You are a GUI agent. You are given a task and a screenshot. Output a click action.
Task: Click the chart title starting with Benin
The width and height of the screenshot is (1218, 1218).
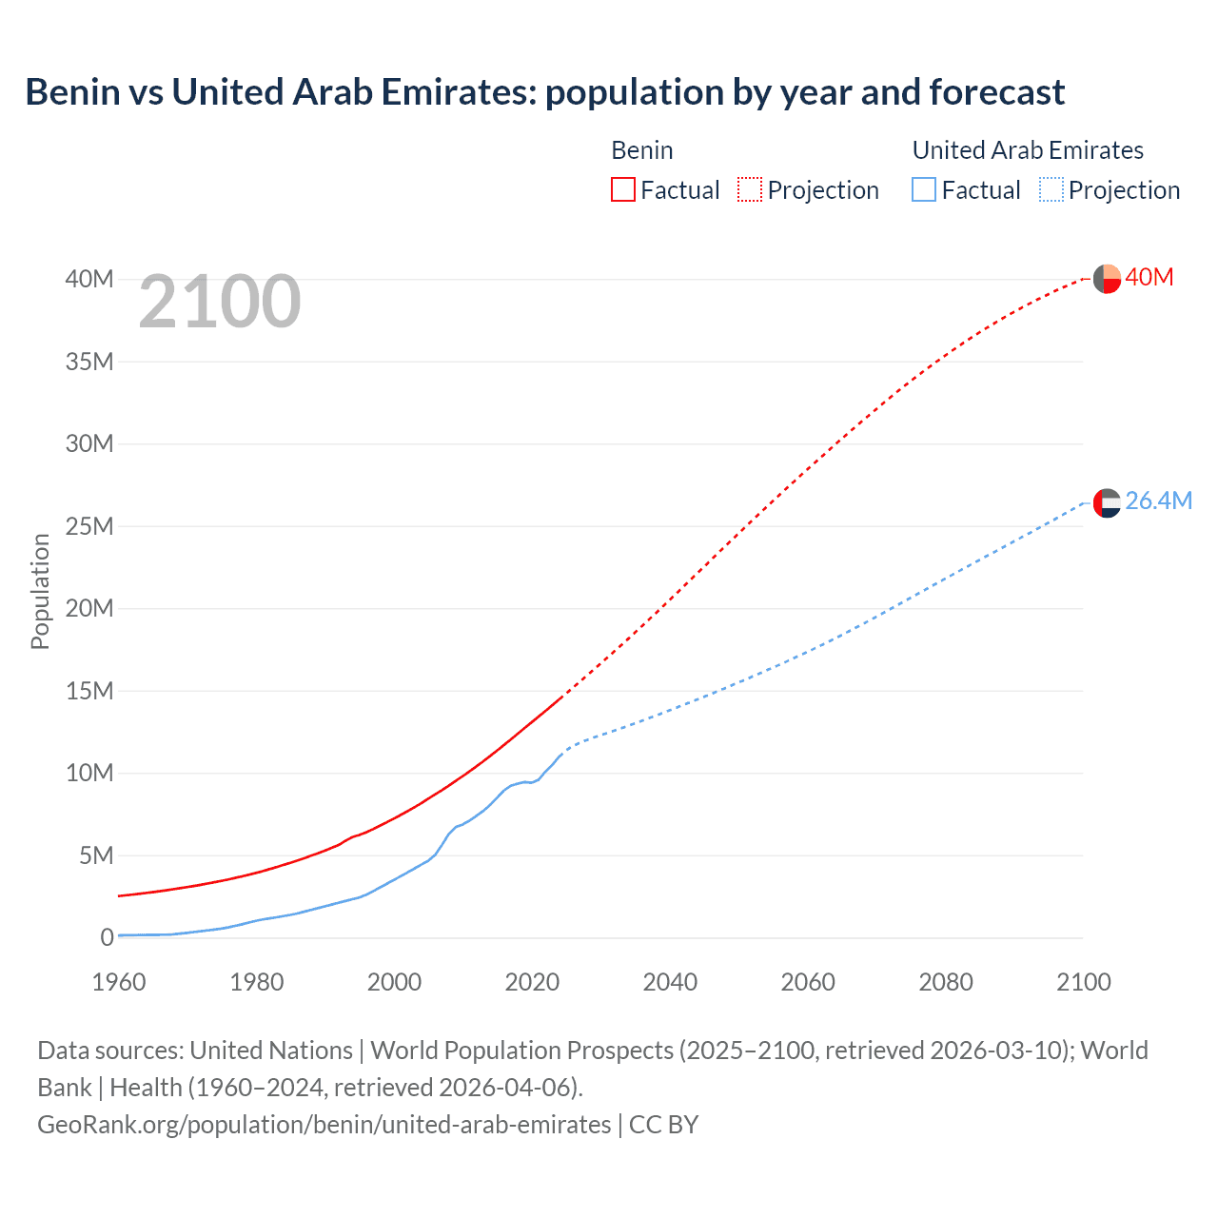pos(544,92)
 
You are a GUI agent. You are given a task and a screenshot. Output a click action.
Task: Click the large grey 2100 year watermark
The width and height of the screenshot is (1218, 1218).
pos(220,302)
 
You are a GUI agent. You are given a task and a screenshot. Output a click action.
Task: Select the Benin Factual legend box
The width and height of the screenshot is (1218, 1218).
pos(622,189)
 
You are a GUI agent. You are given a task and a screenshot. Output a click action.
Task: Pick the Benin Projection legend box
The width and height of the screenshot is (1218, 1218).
pos(750,189)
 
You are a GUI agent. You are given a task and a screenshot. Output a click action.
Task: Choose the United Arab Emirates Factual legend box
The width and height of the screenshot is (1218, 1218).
pos(924,189)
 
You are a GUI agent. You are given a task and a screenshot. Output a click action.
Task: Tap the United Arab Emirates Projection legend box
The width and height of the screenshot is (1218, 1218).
pos(1051,189)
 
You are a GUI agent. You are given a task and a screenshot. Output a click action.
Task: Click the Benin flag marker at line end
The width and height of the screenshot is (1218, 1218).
pos(1107,279)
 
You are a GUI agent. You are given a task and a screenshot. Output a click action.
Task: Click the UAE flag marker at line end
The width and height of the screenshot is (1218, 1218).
pos(1107,502)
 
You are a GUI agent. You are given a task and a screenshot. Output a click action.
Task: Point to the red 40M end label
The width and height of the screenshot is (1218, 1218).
pos(1149,277)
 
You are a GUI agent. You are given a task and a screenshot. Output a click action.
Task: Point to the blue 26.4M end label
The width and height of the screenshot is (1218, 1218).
pos(1158,501)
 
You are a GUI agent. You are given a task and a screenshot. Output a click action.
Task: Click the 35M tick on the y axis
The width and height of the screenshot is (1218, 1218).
pos(89,362)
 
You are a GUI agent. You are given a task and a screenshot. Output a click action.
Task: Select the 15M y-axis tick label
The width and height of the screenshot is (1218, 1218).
pos(89,691)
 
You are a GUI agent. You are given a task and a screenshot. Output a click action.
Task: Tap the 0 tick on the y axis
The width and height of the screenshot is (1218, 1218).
pos(107,937)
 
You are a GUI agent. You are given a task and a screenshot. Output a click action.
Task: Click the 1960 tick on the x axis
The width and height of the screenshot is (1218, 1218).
pos(119,982)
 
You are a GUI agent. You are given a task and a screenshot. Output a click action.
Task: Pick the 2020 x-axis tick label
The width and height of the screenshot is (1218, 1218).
pos(532,982)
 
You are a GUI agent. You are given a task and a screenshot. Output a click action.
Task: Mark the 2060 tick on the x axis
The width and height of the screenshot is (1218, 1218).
pos(808,982)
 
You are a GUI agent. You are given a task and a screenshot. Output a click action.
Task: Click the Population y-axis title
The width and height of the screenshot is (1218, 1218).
pos(40,591)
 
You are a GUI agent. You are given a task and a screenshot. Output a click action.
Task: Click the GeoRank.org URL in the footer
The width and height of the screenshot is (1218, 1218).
pos(324,1125)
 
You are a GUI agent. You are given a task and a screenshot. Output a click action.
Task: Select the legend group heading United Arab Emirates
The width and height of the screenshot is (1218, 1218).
pos(1028,150)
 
